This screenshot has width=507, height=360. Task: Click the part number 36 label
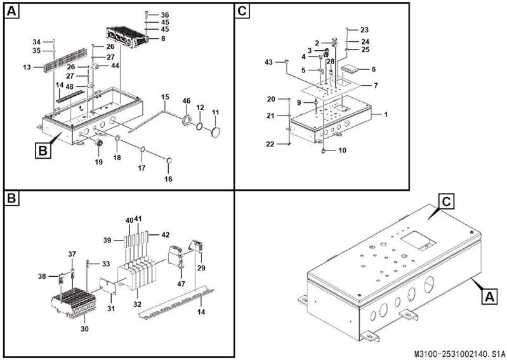point(165,15)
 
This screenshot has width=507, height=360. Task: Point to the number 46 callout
point(186,101)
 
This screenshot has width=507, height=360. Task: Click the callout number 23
point(364,30)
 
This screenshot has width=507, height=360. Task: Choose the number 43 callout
point(268,62)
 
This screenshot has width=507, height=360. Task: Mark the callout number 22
point(271,145)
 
